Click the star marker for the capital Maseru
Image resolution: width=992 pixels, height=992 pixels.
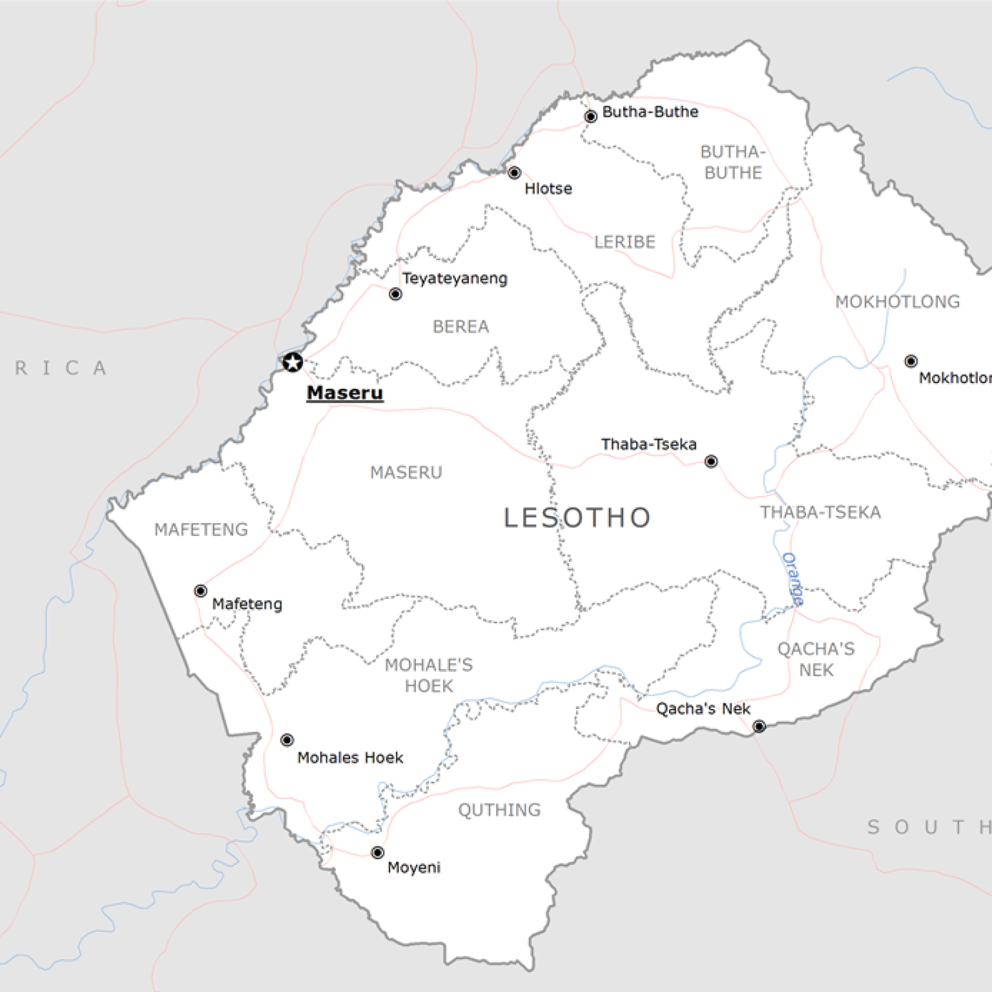(x=293, y=362)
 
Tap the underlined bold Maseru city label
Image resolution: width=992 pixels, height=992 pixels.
(x=345, y=393)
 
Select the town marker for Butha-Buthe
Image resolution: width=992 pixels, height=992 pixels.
(x=590, y=117)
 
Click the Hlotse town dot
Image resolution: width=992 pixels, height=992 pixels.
(x=514, y=173)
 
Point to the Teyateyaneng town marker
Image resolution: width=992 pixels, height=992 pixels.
(x=395, y=294)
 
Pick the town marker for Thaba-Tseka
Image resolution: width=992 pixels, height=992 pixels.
(x=711, y=461)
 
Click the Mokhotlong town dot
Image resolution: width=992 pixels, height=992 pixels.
(x=911, y=361)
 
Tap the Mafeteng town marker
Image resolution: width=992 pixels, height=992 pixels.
(x=201, y=591)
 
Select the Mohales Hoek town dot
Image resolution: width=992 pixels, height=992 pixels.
(x=287, y=740)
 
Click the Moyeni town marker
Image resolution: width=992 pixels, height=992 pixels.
(x=378, y=853)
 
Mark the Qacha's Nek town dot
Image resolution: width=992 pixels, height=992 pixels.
(x=759, y=727)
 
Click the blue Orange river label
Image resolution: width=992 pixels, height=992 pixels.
(x=792, y=579)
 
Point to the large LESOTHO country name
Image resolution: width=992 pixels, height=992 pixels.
(x=577, y=518)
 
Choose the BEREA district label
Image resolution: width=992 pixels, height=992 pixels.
(x=460, y=327)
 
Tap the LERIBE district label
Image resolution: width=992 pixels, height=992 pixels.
(x=625, y=242)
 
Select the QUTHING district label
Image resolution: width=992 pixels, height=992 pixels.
(x=499, y=810)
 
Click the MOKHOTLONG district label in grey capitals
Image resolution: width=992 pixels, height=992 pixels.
(x=897, y=302)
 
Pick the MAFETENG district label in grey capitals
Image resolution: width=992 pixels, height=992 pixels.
(x=201, y=530)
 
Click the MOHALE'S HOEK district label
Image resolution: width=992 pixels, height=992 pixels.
(x=429, y=676)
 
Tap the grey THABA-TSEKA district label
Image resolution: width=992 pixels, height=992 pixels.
(x=820, y=512)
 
